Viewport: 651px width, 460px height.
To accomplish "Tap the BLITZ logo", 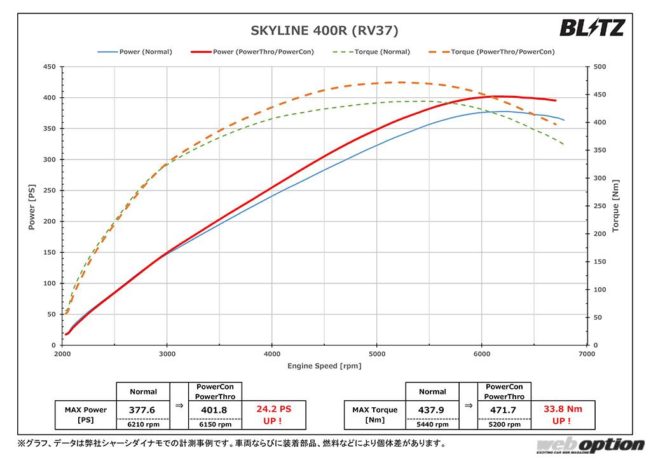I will (x=592, y=28).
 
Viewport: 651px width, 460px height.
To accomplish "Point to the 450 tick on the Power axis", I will (x=48, y=67).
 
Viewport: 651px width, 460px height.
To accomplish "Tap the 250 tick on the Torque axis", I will (x=600, y=206).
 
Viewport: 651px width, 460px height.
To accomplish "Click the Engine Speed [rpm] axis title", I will (x=324, y=366).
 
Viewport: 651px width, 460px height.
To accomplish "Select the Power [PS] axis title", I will (x=32, y=205).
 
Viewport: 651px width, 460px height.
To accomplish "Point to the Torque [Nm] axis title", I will (x=615, y=205).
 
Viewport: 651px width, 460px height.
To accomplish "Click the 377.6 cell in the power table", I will (x=143, y=410).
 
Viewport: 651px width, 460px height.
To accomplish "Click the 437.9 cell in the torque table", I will (x=432, y=410).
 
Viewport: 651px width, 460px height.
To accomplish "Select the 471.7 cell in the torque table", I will (x=504, y=410).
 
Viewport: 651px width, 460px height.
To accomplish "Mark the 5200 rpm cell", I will (x=504, y=425).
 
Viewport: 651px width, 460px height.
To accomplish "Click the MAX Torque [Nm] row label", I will (x=374, y=415).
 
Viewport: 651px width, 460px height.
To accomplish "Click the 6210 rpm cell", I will (x=143, y=425).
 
